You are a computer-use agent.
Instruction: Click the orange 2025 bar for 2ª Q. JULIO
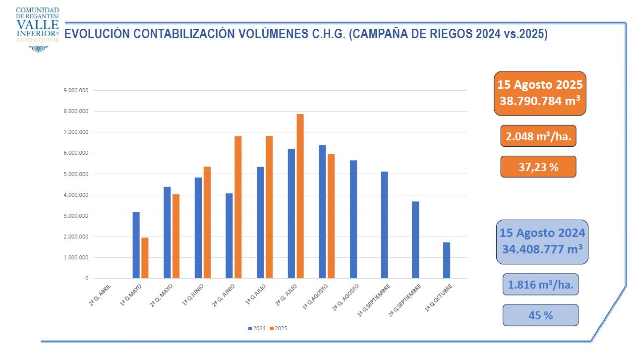tap(300, 196)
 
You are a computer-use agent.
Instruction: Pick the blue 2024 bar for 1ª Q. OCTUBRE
tap(446, 260)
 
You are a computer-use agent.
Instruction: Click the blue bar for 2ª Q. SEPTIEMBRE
tap(415, 240)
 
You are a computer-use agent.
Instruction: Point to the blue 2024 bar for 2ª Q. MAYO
tap(167, 233)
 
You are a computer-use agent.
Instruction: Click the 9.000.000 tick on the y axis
tap(76, 91)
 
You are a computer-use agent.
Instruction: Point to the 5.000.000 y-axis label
tap(76, 175)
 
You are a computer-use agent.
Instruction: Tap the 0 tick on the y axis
tap(86, 279)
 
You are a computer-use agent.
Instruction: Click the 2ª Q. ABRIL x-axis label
tap(100, 294)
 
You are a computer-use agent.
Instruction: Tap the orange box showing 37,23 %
tap(538, 167)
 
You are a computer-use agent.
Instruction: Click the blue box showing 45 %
tap(540, 315)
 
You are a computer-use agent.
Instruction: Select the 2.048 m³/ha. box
tap(538, 136)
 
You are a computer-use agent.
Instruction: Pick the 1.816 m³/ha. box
tap(540, 285)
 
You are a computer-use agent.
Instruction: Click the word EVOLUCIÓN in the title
tap(97, 34)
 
